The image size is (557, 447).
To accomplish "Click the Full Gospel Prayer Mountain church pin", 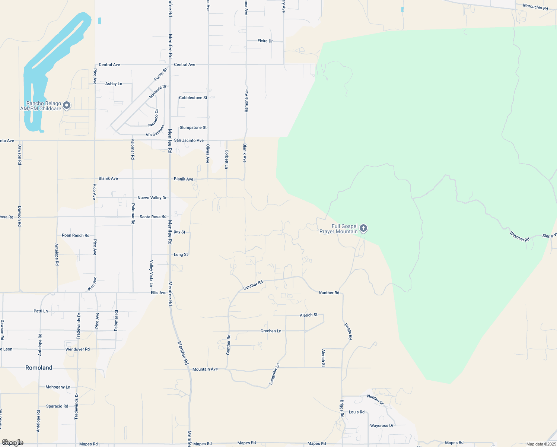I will click(x=363, y=228).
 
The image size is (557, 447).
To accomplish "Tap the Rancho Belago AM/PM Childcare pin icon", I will click(x=67, y=105).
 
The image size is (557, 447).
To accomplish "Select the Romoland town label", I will click(x=39, y=368).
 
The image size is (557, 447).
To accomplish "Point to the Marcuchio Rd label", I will click(x=535, y=7).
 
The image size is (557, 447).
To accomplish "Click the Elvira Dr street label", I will click(x=265, y=41).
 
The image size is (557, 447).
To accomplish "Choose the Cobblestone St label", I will click(x=193, y=98).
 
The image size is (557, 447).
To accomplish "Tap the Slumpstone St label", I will click(x=193, y=127).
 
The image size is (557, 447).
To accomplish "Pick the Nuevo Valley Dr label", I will click(x=152, y=198).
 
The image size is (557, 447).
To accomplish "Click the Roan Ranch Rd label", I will click(x=76, y=235).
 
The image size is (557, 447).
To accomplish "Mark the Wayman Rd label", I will click(x=519, y=237).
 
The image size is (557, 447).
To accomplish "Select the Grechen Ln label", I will click(x=271, y=331).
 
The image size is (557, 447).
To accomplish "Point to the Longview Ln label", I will click(x=274, y=374).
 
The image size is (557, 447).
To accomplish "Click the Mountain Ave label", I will click(x=205, y=369).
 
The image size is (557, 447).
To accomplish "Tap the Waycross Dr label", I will click(x=382, y=425).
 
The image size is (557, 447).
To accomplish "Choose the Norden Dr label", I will click(x=375, y=399).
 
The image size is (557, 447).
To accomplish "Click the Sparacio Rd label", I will click(x=57, y=406).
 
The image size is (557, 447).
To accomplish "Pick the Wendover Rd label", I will click(x=77, y=349).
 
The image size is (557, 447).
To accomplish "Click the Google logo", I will click(x=12, y=443).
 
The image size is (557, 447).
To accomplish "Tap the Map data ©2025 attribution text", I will click(x=541, y=444).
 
